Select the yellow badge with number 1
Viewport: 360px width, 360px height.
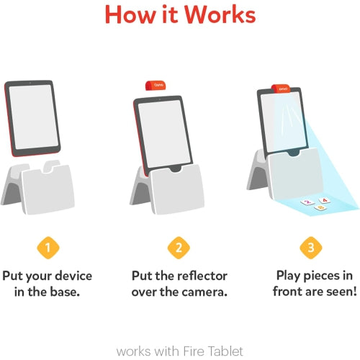48,249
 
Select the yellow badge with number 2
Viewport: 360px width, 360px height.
179,249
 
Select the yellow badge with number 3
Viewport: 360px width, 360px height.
310,249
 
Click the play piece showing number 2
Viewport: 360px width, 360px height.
308,204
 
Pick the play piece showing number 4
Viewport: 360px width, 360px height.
324,201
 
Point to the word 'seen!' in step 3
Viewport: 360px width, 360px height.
336,292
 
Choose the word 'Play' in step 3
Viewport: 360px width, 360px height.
292,276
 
